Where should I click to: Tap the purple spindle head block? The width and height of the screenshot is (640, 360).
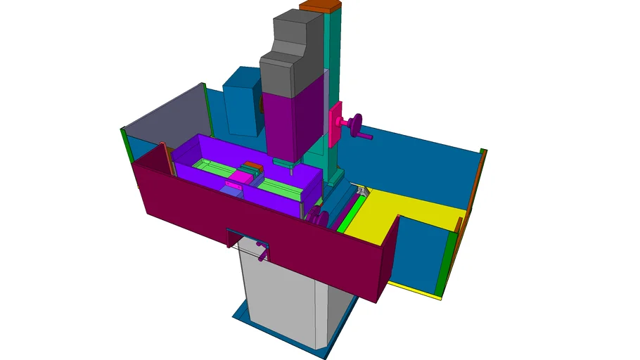[x=292, y=120]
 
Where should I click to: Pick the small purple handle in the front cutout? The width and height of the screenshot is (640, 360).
[x=262, y=250]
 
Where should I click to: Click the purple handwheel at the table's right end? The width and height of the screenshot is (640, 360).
[x=318, y=217]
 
